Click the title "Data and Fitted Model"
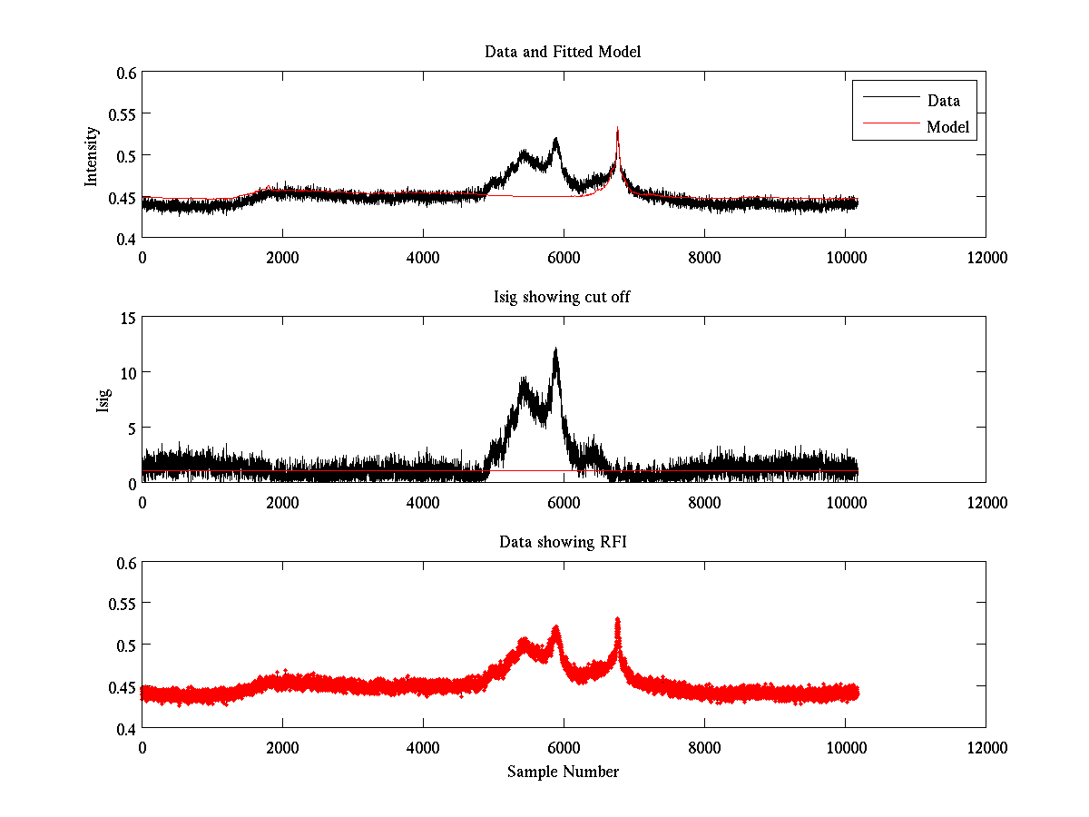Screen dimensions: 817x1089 [563, 52]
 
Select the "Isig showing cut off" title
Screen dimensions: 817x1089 [563, 297]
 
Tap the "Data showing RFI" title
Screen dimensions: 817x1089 [563, 542]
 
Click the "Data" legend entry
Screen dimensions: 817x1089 [943, 101]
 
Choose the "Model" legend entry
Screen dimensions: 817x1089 [947, 127]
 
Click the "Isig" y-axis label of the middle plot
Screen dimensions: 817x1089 [103, 400]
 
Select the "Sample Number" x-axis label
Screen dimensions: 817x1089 [563, 772]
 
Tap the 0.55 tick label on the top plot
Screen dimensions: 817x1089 [122, 114]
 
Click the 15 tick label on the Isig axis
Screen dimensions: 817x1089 [126, 318]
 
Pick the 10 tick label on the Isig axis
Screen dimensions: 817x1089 [126, 373]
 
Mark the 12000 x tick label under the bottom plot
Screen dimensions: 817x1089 [986, 747]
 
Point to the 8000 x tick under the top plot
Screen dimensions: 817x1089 [704, 257]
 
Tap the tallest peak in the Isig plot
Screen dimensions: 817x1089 [555, 350]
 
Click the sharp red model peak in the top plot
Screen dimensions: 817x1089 [617, 130]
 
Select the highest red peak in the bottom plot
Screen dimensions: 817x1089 [617, 620]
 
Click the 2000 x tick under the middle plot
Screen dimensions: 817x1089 [282, 502]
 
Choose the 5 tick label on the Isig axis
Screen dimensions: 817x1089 [130, 428]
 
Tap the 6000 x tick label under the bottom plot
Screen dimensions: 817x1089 [564, 747]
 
